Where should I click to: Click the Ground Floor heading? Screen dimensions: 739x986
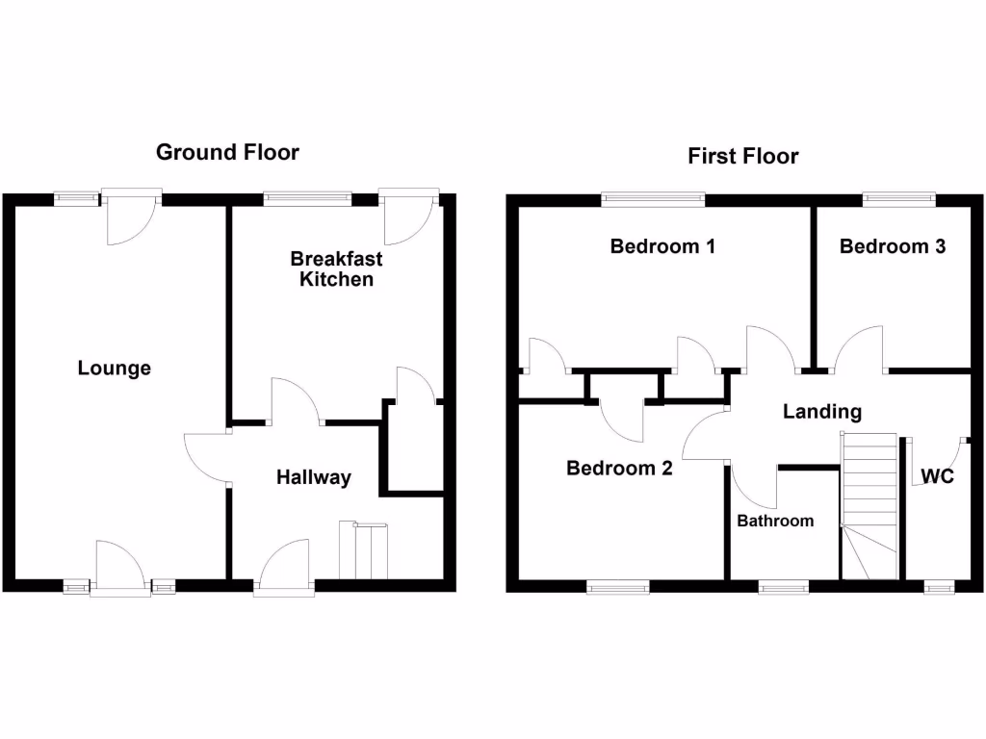[x=227, y=152]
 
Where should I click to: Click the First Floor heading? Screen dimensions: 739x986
[x=742, y=156]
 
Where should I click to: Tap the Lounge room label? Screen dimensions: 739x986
[x=115, y=368]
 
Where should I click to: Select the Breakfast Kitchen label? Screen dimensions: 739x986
[x=336, y=269]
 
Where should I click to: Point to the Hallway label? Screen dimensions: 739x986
[x=314, y=477]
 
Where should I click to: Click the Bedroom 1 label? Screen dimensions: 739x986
[x=662, y=246]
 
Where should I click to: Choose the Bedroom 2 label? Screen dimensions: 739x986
[x=619, y=469]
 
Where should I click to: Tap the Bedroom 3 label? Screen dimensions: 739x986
[x=892, y=246]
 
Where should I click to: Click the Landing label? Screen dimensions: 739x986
[x=821, y=412]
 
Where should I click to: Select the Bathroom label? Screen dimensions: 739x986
[x=775, y=521]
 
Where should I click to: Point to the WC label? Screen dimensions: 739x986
[x=937, y=475]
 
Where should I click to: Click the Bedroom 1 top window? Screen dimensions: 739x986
[x=653, y=199]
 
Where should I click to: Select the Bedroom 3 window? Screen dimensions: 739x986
[x=897, y=199]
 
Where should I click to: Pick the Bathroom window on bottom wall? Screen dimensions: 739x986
[x=784, y=585]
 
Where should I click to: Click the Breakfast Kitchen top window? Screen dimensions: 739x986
[x=307, y=199]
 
